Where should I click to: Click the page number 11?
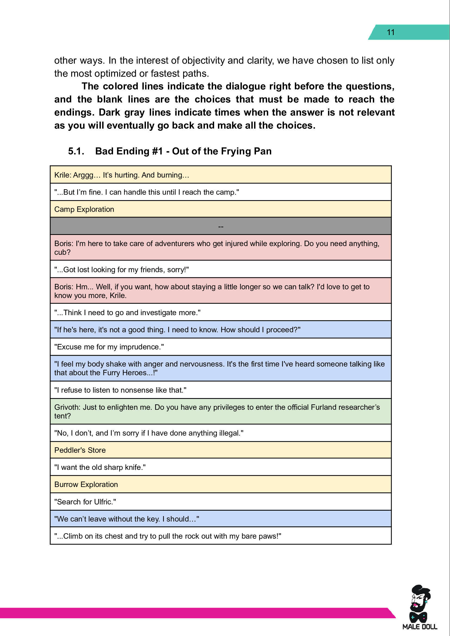[x=390, y=32]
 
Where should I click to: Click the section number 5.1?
[x=76, y=151]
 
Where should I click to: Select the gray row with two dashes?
[x=221, y=226]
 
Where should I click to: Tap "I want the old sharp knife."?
[x=100, y=467]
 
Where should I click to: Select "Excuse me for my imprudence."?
[x=109, y=347]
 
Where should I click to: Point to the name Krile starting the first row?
[x=62, y=175]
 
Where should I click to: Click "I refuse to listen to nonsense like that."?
[x=120, y=390]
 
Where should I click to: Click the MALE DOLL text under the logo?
[x=420, y=626]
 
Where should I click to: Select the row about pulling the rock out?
[x=168, y=536]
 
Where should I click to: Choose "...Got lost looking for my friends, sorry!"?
[x=122, y=270]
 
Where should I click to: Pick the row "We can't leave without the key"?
[x=127, y=519]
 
